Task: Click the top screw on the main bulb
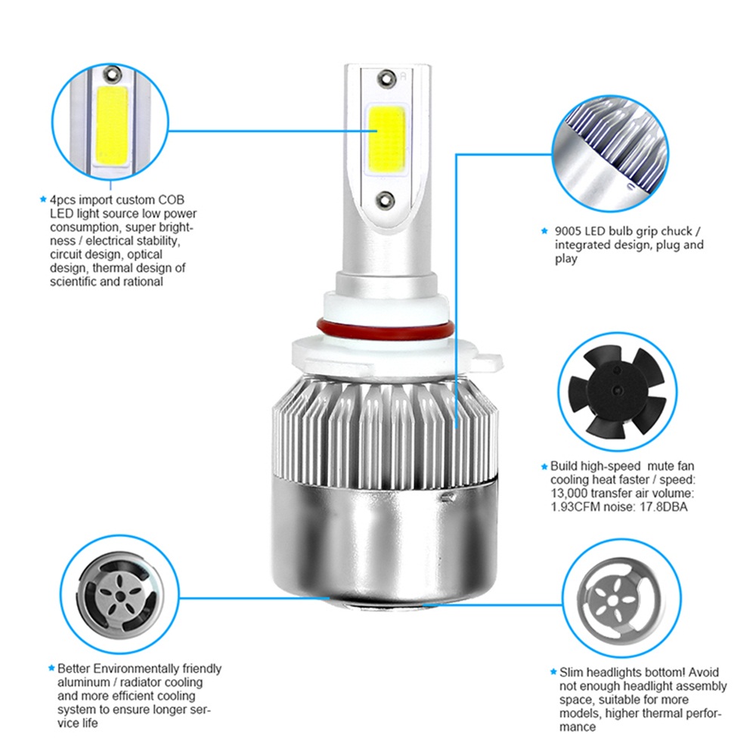pyautogui.click(x=386, y=79)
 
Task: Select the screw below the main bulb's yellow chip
pyautogui.click(x=386, y=200)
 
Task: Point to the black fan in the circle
pyautogui.click(x=618, y=392)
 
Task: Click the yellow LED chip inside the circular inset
pyautogui.click(x=112, y=125)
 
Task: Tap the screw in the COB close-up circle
pyautogui.click(x=113, y=74)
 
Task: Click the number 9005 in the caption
pyautogui.click(x=568, y=231)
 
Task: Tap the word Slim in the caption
pyautogui.click(x=571, y=672)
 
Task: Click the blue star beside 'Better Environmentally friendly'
pyautogui.click(x=51, y=668)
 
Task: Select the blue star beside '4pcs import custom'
pyautogui.click(x=43, y=199)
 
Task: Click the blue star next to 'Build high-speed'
pyautogui.click(x=544, y=466)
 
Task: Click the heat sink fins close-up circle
pyautogui.click(x=609, y=153)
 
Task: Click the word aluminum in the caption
pyautogui.click(x=84, y=682)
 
